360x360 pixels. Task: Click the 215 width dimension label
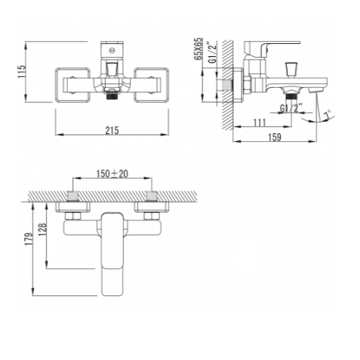click(112, 130)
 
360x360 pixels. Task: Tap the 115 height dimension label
click(22, 71)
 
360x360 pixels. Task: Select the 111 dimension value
click(259, 122)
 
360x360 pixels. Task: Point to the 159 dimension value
click(274, 137)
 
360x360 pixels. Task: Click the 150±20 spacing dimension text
click(112, 174)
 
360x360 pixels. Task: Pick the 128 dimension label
click(42, 230)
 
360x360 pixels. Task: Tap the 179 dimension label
click(29, 239)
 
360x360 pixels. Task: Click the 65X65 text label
click(199, 49)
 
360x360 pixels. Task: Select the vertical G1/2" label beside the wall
click(212, 52)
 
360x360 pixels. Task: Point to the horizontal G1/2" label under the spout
click(292, 109)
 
